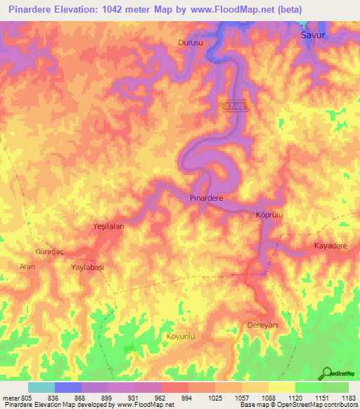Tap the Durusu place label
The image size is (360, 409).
point(191,43)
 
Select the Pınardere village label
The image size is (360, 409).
point(207,199)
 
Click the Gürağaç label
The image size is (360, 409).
point(49,251)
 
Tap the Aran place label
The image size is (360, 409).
point(27,268)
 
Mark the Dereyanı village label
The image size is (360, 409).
point(264,325)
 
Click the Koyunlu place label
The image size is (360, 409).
point(179,337)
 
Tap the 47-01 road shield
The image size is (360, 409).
point(236,105)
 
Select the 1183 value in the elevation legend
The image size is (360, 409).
point(348,398)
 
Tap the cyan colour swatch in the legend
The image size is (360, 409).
point(41,387)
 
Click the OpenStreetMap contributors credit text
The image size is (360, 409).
point(317,405)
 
